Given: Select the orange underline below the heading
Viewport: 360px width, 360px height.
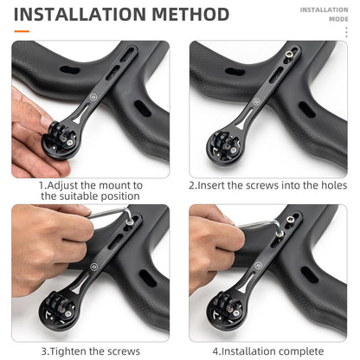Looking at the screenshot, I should [x=22, y=32].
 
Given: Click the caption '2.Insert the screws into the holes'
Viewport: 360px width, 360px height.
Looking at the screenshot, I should [x=267, y=185].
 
